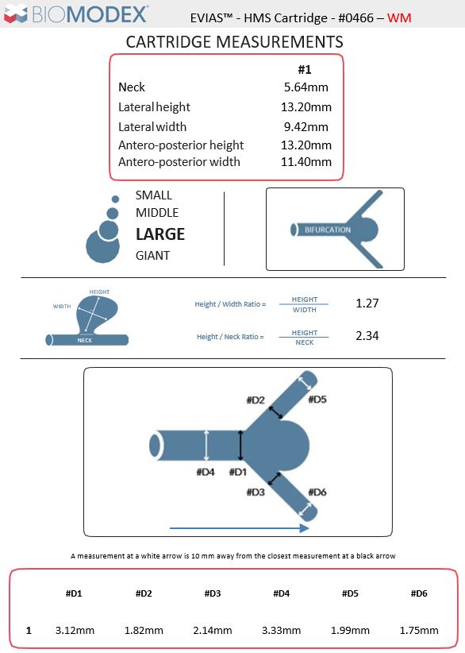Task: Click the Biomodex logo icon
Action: (16, 14)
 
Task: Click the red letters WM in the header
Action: (399, 18)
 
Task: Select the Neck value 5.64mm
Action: (306, 87)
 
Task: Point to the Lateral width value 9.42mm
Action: (306, 126)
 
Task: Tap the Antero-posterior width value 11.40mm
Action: (306, 161)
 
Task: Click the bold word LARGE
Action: (160, 234)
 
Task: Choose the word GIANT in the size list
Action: (152, 255)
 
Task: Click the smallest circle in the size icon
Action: (116, 199)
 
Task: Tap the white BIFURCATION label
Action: (328, 230)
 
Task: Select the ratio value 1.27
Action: (367, 303)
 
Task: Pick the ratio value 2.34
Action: (367, 336)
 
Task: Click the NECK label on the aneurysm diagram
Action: (84, 340)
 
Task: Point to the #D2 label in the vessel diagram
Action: (256, 400)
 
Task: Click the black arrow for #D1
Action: (240, 446)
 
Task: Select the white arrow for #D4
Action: (206, 446)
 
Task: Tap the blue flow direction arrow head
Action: (305, 528)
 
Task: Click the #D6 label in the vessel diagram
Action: (317, 493)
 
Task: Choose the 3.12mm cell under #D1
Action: (75, 631)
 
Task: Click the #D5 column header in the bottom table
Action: (350, 593)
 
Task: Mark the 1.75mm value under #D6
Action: (419, 631)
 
